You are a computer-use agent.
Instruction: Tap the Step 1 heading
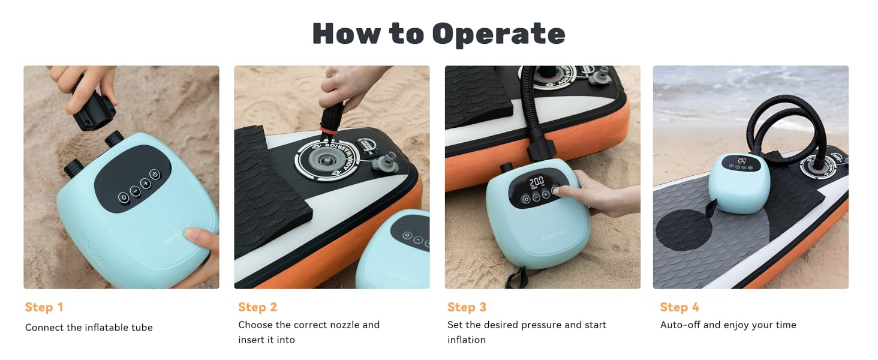click(x=44, y=307)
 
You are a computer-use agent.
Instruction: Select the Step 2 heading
click(x=257, y=307)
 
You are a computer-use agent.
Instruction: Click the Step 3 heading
click(x=467, y=307)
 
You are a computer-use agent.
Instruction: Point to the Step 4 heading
click(x=679, y=307)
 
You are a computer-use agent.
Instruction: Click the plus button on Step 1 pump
click(x=145, y=183)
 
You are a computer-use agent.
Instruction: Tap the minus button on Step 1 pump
click(x=134, y=190)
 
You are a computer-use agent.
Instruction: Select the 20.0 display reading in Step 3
click(x=536, y=181)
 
